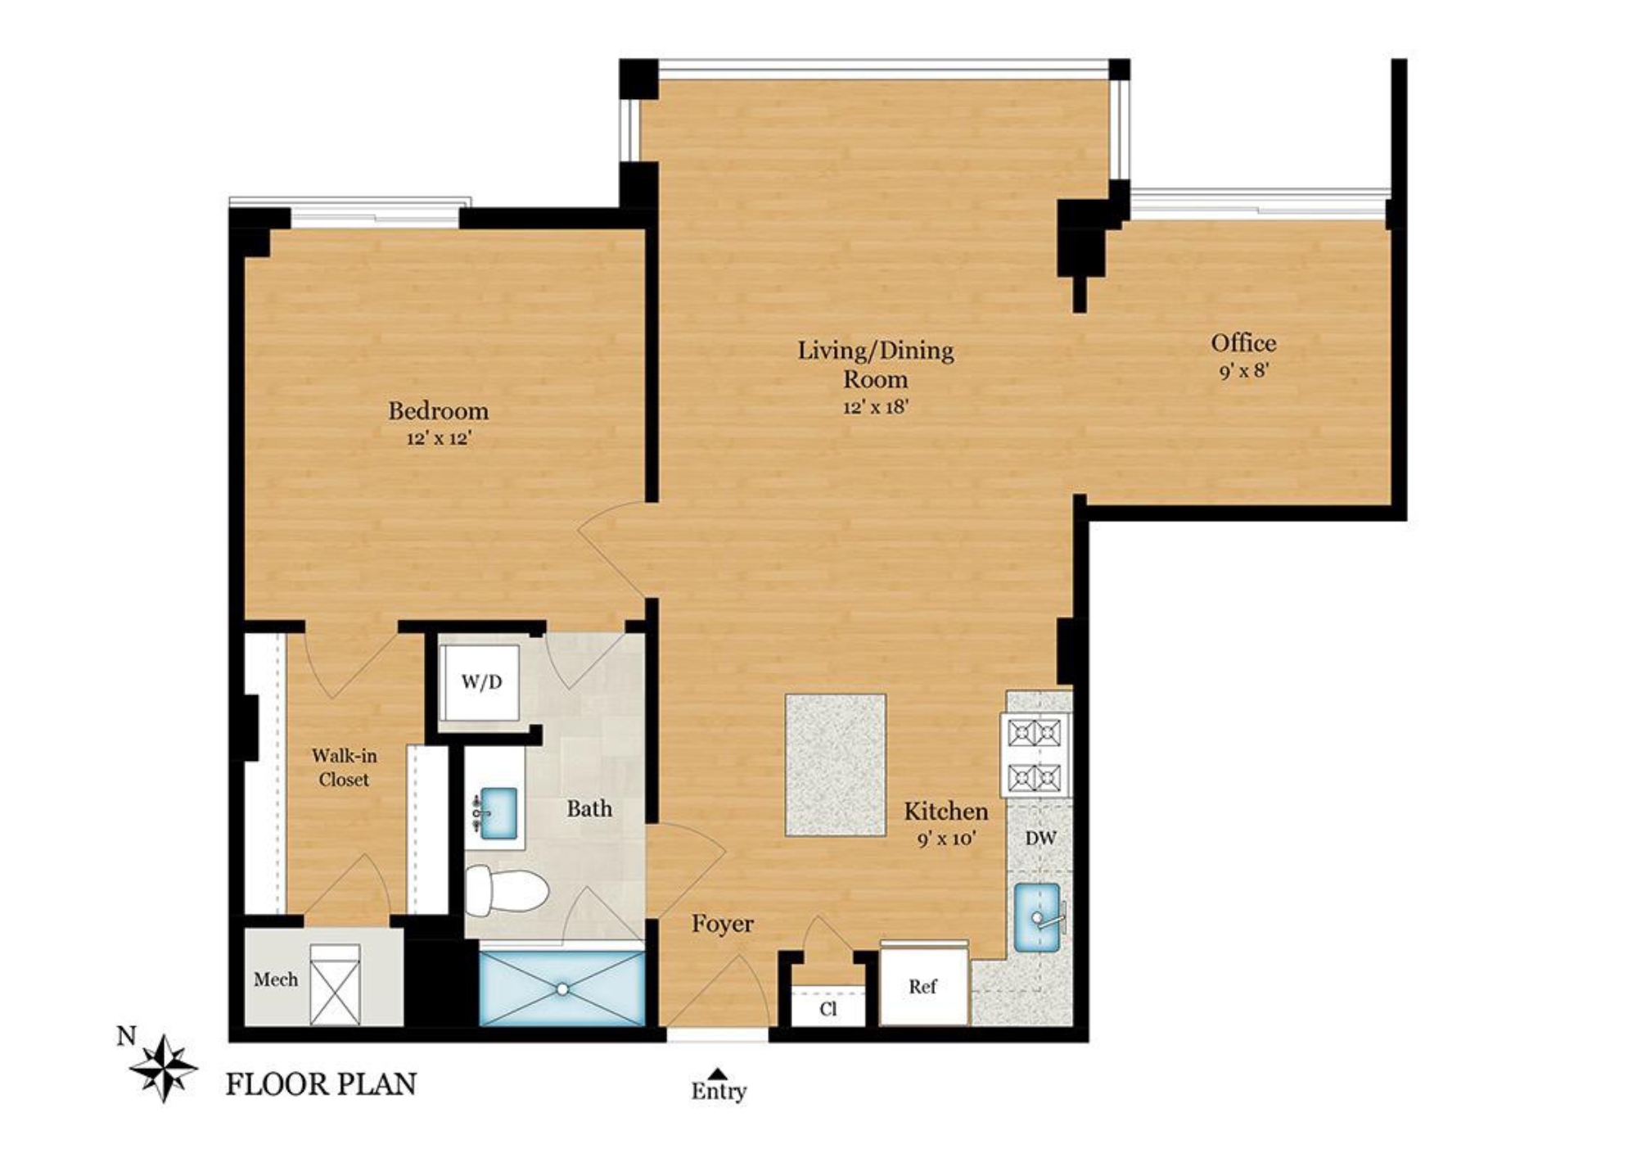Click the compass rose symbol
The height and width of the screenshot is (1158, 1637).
click(164, 1068)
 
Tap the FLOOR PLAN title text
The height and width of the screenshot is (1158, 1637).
click(321, 1084)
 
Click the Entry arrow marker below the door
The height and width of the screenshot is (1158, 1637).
click(718, 1073)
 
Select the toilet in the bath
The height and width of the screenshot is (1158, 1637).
click(506, 892)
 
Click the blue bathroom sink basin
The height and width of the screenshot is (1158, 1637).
click(498, 812)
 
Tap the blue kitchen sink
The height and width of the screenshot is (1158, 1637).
click(1037, 917)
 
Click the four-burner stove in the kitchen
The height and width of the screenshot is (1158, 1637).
click(1035, 754)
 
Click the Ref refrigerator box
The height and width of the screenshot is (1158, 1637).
click(922, 987)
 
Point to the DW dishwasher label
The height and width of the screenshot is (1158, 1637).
click(1040, 838)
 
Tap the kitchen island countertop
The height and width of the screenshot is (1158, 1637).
click(835, 765)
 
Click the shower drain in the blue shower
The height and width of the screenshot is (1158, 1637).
click(562, 989)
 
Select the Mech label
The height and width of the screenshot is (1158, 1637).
click(276, 979)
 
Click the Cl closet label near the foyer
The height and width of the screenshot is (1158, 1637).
click(828, 1009)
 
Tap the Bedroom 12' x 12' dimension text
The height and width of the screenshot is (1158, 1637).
click(440, 439)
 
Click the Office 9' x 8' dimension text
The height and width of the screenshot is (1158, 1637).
click(1243, 371)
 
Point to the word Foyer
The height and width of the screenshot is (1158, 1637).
click(722, 924)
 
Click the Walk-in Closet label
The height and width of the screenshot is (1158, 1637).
click(344, 767)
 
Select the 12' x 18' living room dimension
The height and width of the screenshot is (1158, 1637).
click(876, 407)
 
